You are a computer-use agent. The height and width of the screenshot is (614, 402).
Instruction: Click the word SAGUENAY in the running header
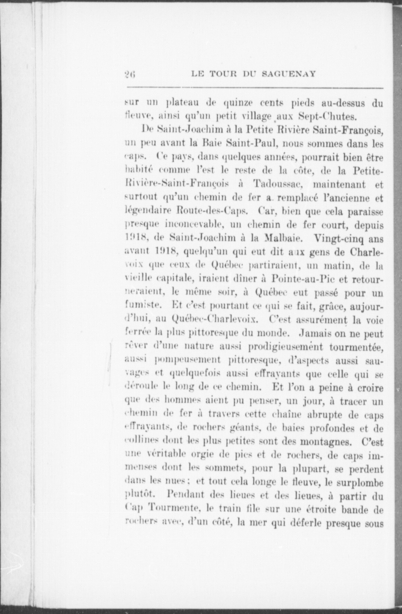(x=289, y=74)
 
